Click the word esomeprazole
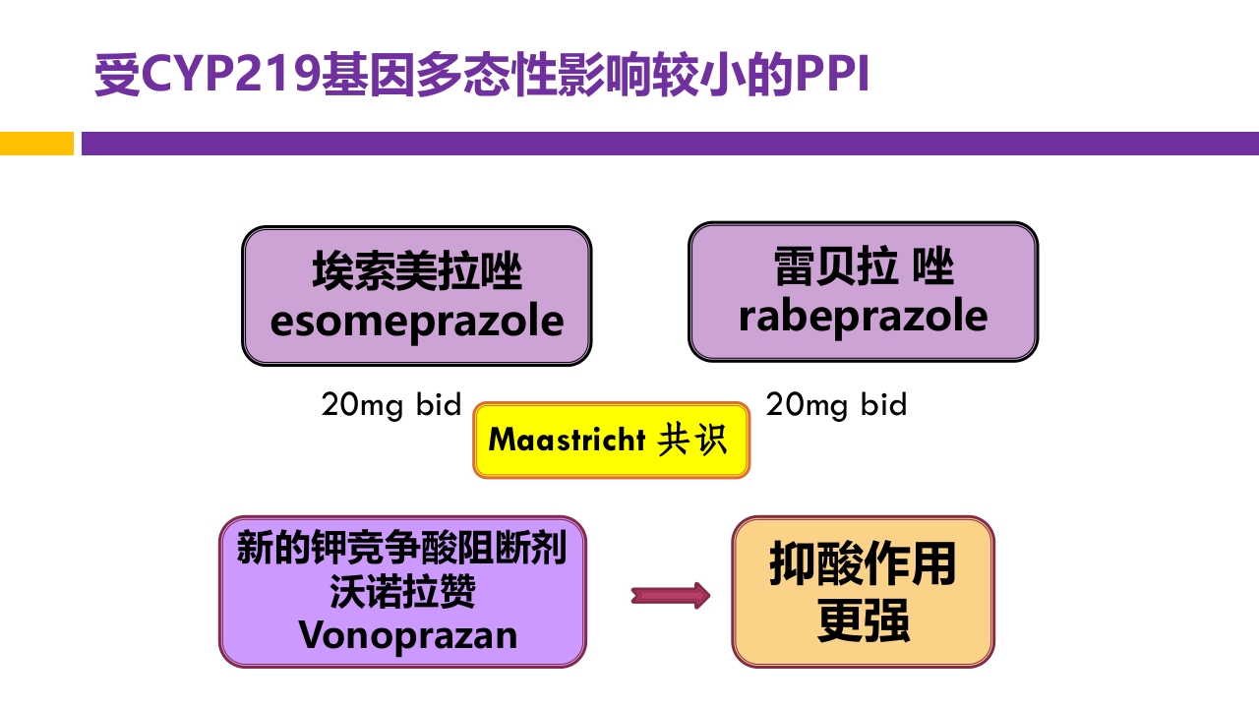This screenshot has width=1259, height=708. [416, 322]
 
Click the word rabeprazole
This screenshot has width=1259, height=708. [863, 317]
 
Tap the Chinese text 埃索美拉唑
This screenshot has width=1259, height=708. [416, 271]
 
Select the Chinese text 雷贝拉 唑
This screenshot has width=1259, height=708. [863, 266]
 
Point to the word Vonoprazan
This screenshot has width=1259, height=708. [407, 635]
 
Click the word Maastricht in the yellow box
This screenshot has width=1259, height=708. [567, 440]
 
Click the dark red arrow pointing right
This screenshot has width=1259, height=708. [670, 595]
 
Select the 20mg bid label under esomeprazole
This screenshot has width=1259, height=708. [391, 404]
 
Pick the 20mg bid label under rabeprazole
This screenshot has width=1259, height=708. [836, 404]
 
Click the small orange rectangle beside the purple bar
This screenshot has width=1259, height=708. [36, 144]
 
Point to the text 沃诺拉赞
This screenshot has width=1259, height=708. [402, 591]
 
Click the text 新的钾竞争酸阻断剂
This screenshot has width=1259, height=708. [402, 548]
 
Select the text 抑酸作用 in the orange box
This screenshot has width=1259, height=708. [863, 564]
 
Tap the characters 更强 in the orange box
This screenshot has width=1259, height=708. [863, 621]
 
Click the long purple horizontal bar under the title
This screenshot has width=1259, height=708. [669, 144]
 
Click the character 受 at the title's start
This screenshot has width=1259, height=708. [116, 77]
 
